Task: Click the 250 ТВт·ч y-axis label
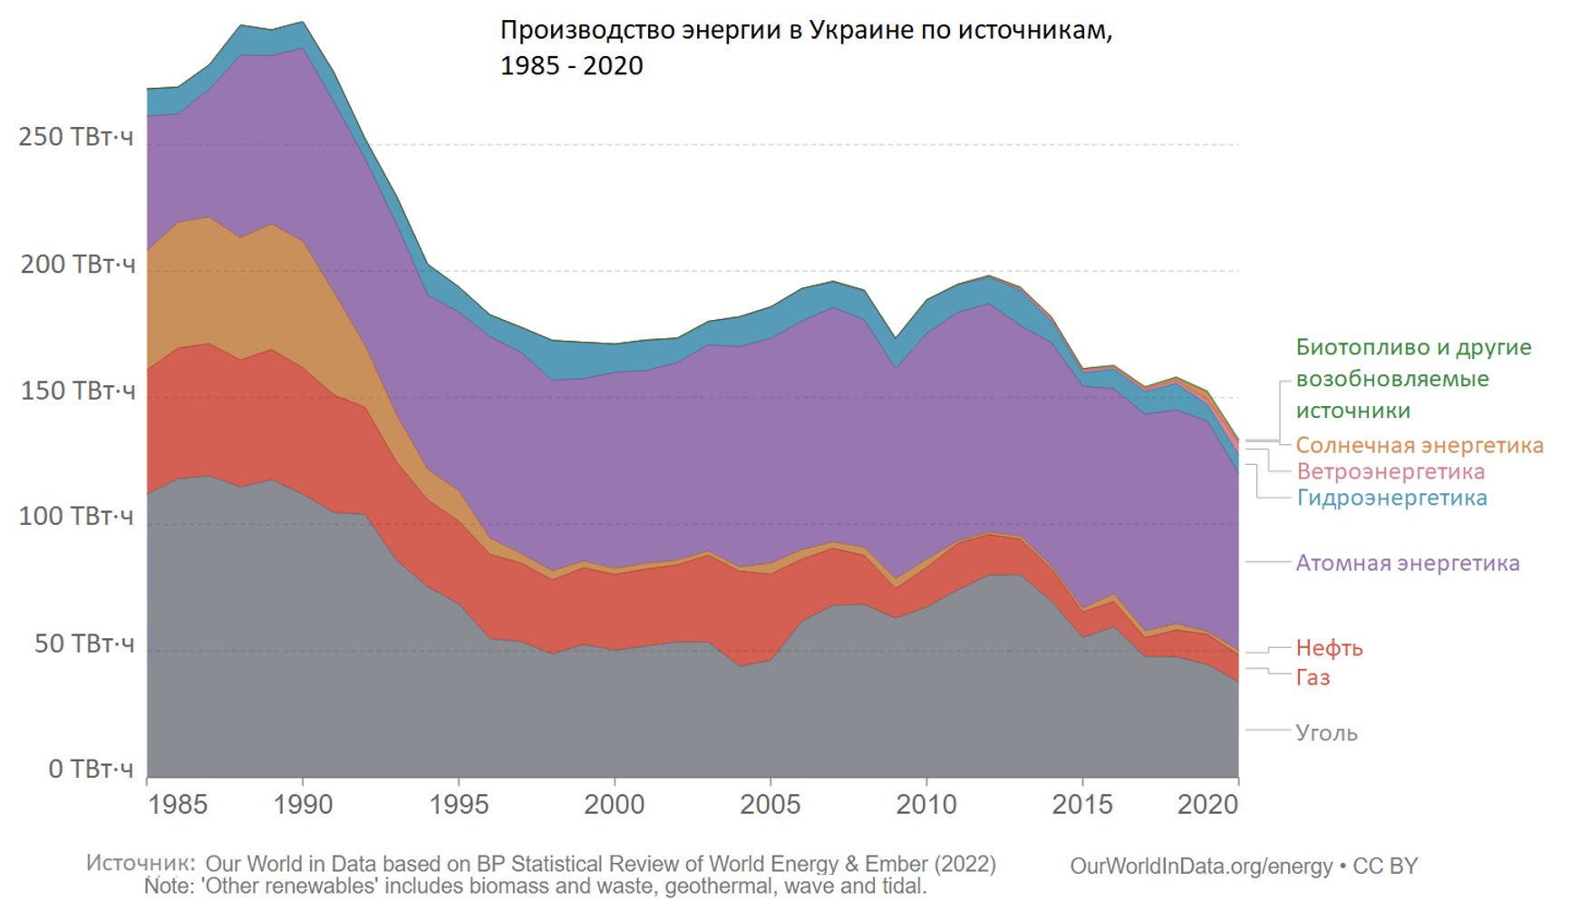coord(76,137)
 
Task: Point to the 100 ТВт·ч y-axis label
coord(76,517)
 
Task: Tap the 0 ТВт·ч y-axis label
coord(91,770)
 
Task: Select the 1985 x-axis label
coord(178,804)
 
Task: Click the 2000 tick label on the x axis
coord(614,804)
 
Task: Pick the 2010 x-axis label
coord(926,804)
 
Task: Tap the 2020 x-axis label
coord(1207,804)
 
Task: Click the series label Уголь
coord(1326,732)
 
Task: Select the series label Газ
coord(1313,677)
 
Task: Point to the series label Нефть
coord(1329,648)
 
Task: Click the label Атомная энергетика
coord(1407,563)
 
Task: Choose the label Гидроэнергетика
coord(1391,498)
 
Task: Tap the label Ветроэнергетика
coord(1391,471)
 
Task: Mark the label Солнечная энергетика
coord(1419,445)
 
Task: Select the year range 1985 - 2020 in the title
coord(571,65)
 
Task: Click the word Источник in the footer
coord(140,863)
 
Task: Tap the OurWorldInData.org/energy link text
coord(1201,866)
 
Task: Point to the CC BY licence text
coord(1385,866)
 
